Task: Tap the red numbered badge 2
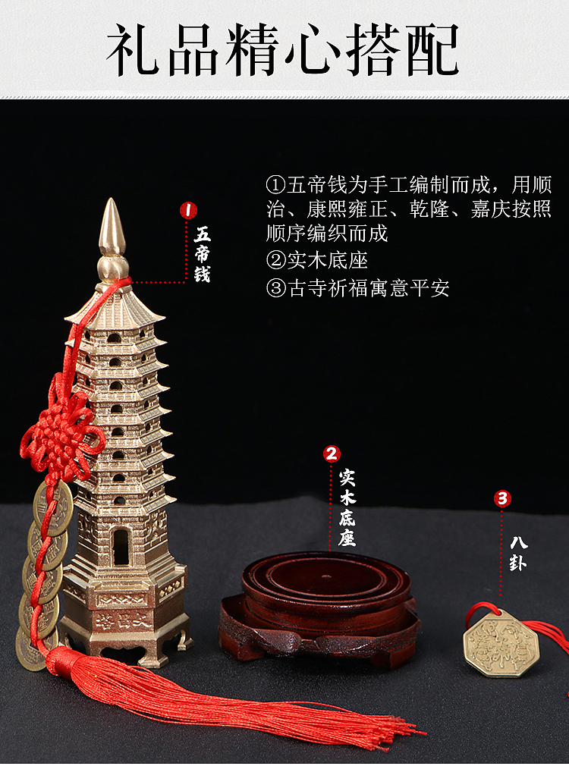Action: point(332,454)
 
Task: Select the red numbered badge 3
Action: point(502,498)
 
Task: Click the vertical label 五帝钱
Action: point(202,254)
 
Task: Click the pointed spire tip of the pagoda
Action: point(112,220)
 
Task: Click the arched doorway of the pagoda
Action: point(120,546)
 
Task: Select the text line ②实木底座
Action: point(316,260)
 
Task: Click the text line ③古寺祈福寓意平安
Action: point(357,288)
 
